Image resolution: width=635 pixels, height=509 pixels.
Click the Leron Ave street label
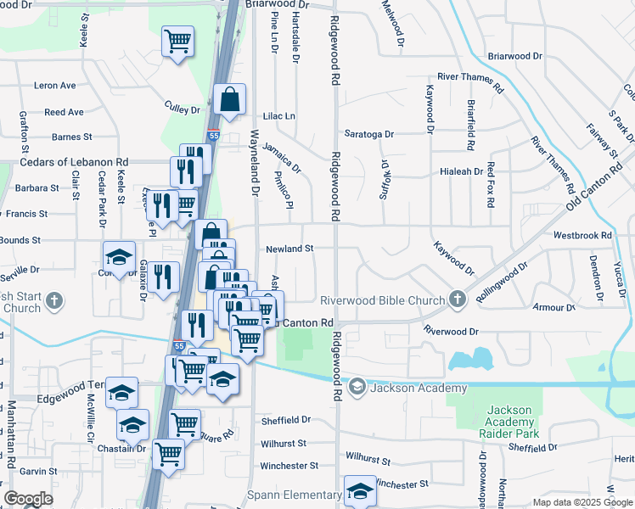55,86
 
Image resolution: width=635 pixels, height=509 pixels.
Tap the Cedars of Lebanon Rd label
73,162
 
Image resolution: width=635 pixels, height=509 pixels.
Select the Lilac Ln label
279,116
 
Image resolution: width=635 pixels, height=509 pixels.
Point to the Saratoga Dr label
369,134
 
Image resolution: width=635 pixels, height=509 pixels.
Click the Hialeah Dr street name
461,171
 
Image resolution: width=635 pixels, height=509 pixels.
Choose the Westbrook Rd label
582,235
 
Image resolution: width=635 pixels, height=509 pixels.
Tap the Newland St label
290,249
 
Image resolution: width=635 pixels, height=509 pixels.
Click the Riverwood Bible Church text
382,300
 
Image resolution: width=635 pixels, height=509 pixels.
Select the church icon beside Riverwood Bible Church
458,299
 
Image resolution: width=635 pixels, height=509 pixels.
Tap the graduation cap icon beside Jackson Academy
357,388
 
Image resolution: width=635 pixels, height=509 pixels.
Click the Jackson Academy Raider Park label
510,422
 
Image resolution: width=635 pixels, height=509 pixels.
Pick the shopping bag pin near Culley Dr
229,99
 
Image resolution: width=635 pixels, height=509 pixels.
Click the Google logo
29,499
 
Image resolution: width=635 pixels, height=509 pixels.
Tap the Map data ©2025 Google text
582,502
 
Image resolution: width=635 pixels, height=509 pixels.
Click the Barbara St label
37,188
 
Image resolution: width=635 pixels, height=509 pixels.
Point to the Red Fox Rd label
490,186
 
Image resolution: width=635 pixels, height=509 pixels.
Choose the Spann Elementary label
294,495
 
